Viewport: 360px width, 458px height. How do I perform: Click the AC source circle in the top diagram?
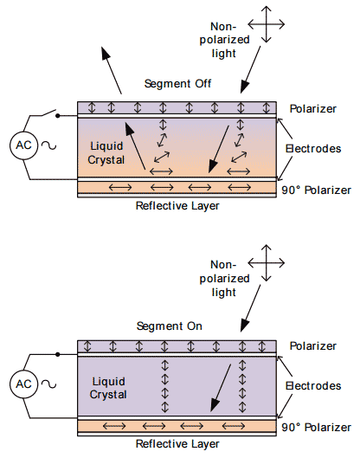pos(23,145)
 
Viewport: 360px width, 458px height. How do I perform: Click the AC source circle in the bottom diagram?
pos(23,384)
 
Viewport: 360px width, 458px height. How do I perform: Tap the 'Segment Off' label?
pos(178,84)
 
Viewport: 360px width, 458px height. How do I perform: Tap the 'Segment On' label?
pos(170,326)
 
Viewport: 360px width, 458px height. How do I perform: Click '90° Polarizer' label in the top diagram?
pos(314,190)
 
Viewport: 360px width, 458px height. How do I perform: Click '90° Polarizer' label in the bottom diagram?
pos(314,426)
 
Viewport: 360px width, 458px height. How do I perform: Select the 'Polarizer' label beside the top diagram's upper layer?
pos(313,107)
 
